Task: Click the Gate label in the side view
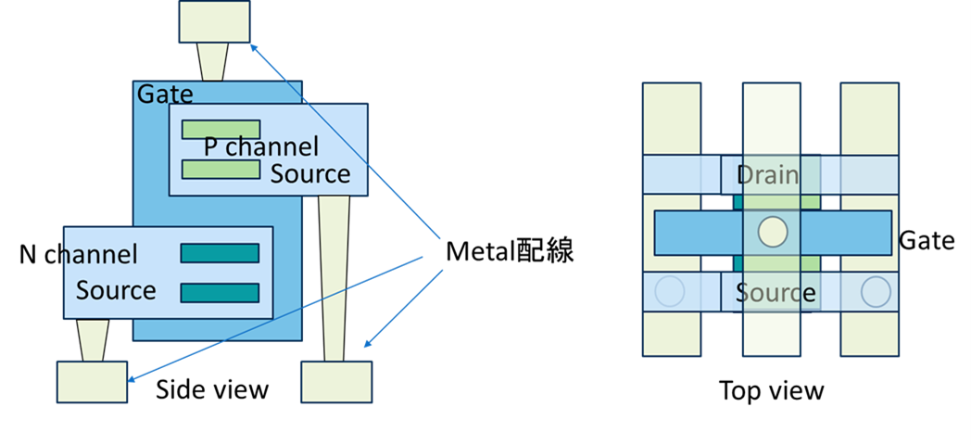click(x=165, y=94)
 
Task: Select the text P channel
click(x=260, y=146)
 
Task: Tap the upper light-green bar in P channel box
click(x=221, y=130)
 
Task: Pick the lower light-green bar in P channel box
click(x=221, y=169)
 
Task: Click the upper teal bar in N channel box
click(x=220, y=253)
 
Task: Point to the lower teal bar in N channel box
click(x=220, y=293)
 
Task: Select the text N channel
click(x=79, y=254)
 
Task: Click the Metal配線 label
click(x=510, y=251)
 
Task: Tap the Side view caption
click(x=212, y=388)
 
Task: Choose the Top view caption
click(x=771, y=390)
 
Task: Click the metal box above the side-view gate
click(x=215, y=22)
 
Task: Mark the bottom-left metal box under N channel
click(x=93, y=381)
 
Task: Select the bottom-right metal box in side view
click(x=336, y=381)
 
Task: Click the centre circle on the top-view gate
click(x=772, y=233)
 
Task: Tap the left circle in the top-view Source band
click(x=668, y=292)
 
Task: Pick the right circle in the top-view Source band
click(x=875, y=292)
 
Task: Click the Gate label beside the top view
click(x=927, y=241)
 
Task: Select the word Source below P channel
click(x=310, y=174)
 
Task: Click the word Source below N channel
click(x=116, y=290)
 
